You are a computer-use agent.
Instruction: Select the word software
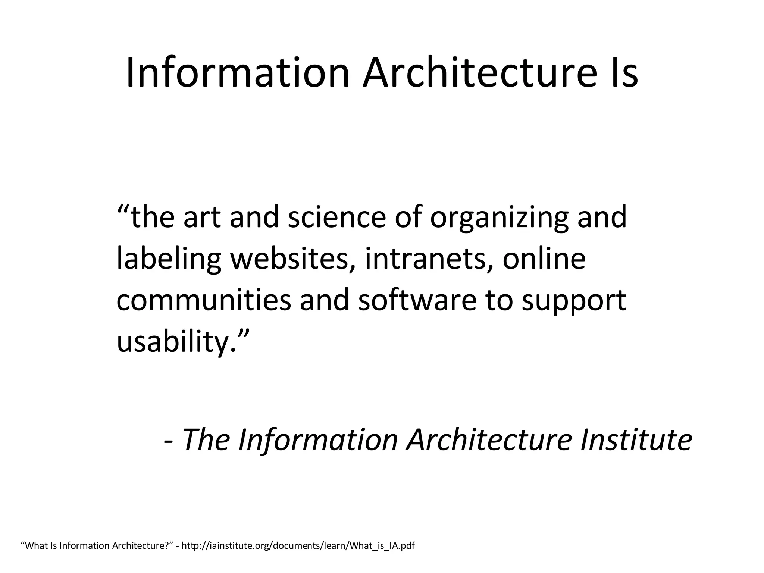click(417, 300)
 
